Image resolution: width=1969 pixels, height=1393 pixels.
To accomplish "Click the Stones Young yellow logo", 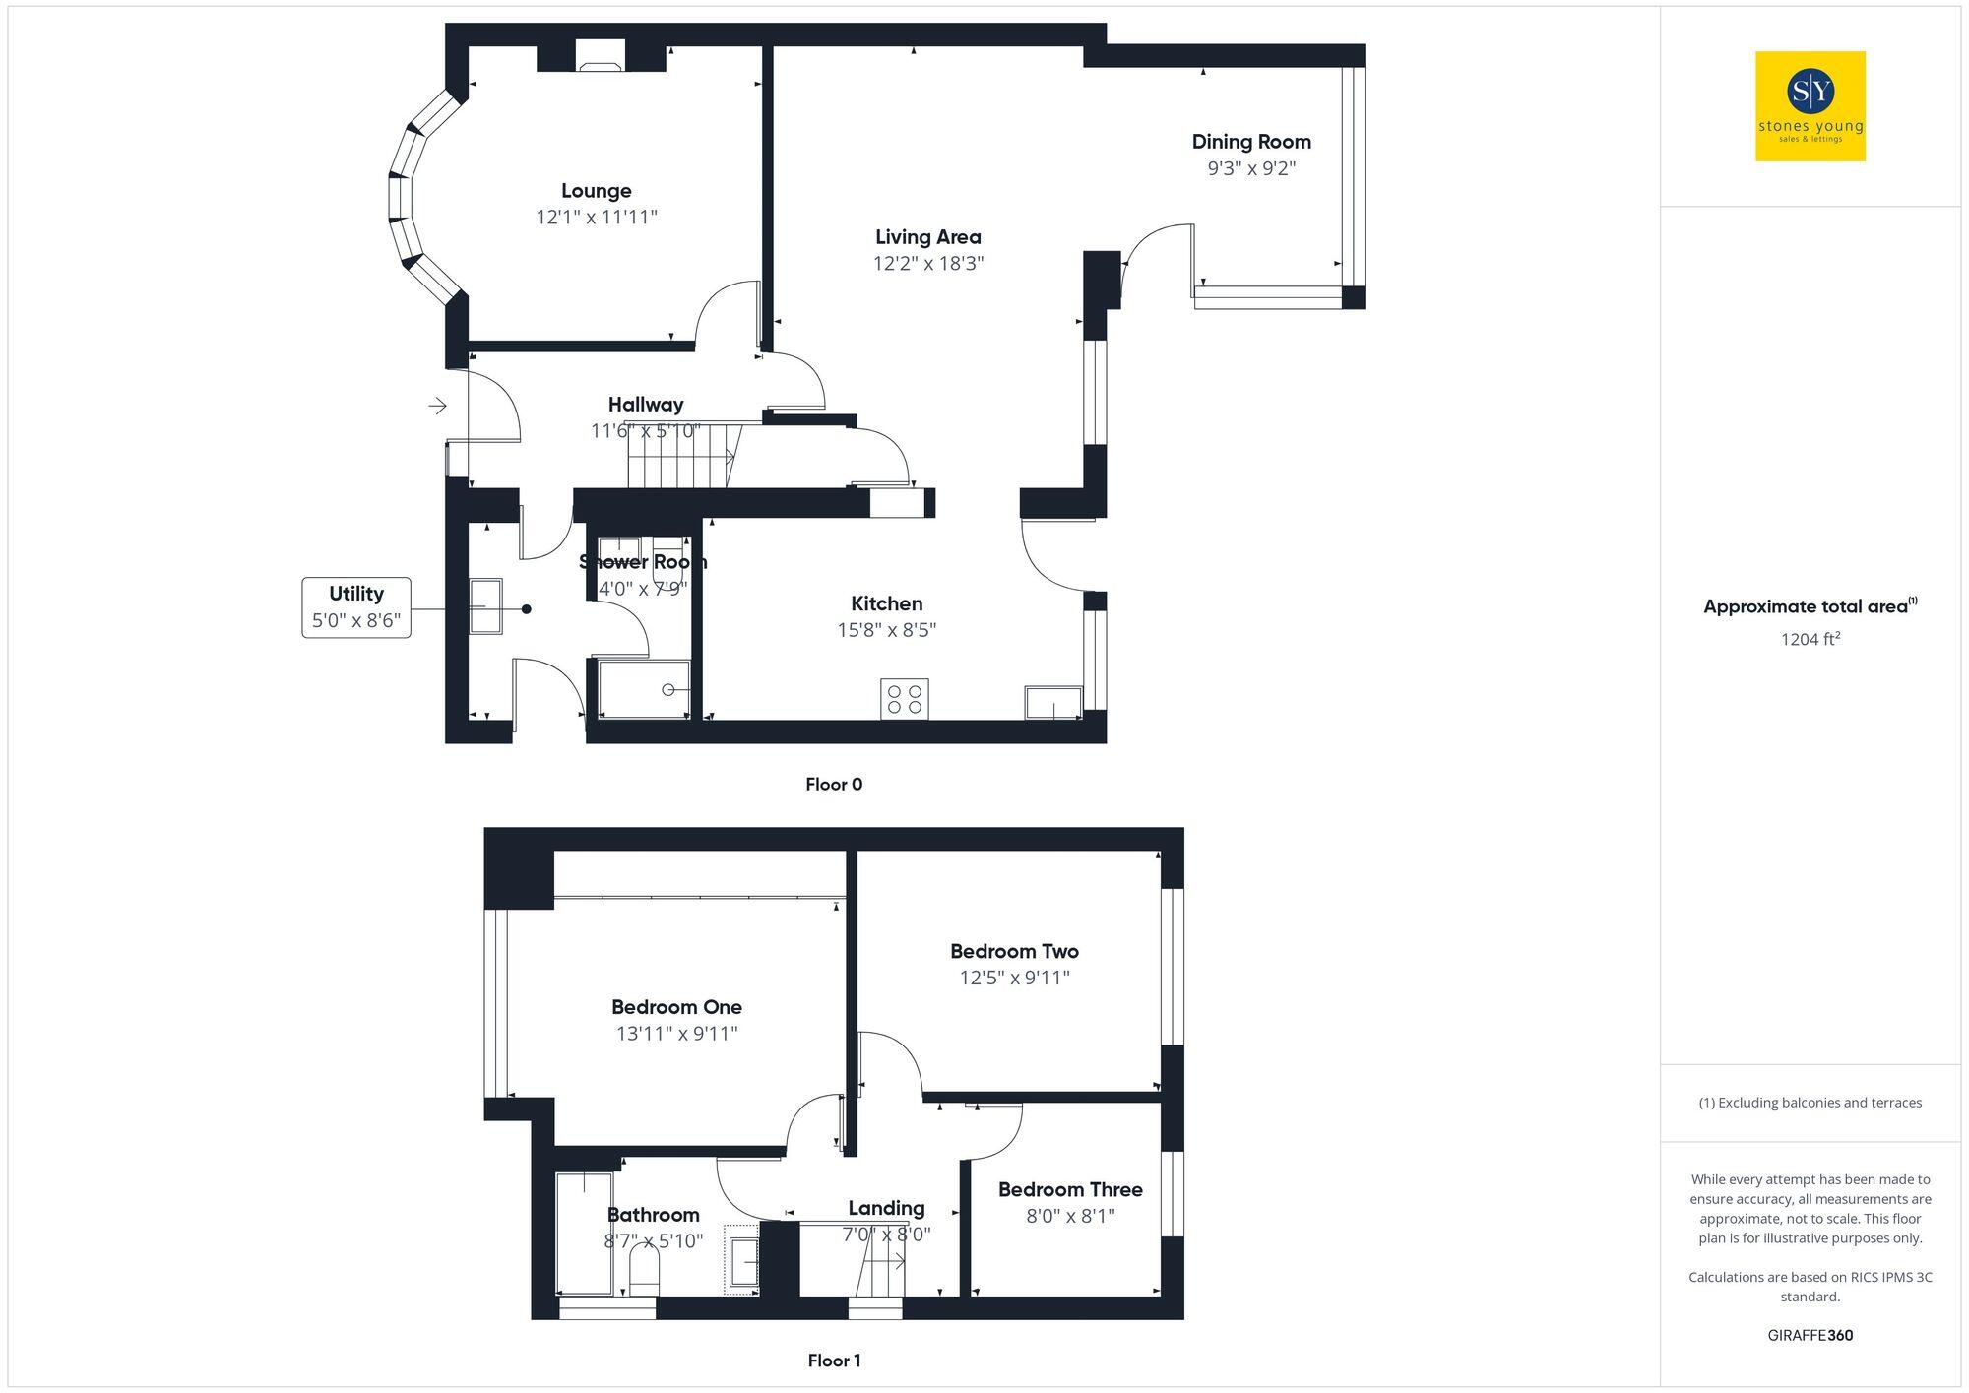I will tap(1810, 106).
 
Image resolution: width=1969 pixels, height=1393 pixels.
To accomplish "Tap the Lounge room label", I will tap(596, 191).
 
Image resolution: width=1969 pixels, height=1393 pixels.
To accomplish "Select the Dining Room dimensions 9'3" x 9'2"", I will tap(1251, 168).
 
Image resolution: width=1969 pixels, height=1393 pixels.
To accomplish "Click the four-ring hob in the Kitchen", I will tap(904, 699).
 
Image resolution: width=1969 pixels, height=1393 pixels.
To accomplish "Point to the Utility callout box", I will tap(356, 607).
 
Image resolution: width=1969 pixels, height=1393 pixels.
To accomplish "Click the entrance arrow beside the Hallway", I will tap(438, 405).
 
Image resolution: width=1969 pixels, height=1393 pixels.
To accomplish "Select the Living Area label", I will tap(927, 237).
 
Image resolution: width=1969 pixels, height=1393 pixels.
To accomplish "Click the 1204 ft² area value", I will tap(1810, 639).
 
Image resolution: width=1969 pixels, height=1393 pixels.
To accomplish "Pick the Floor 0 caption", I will tap(833, 785).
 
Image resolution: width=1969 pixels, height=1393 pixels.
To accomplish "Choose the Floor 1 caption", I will tap(834, 1361).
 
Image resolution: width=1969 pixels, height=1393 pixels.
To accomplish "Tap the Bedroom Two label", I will tap(1014, 951).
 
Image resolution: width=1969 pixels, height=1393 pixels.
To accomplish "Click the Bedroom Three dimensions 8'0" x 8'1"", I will tap(1070, 1216).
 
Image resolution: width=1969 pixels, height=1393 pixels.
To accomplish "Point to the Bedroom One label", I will tap(676, 1007).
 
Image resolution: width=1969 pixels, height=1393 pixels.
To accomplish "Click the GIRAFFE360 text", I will tap(1810, 1335).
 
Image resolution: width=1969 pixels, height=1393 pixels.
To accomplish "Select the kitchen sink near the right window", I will tap(1052, 702).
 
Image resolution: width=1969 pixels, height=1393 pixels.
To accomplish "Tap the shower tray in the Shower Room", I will tap(644, 689).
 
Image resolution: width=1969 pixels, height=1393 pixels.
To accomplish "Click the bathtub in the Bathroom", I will tap(585, 1233).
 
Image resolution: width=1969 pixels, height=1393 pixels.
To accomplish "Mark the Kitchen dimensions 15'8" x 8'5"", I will tap(886, 630).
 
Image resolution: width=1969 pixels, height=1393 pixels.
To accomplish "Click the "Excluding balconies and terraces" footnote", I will tap(1810, 1103).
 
